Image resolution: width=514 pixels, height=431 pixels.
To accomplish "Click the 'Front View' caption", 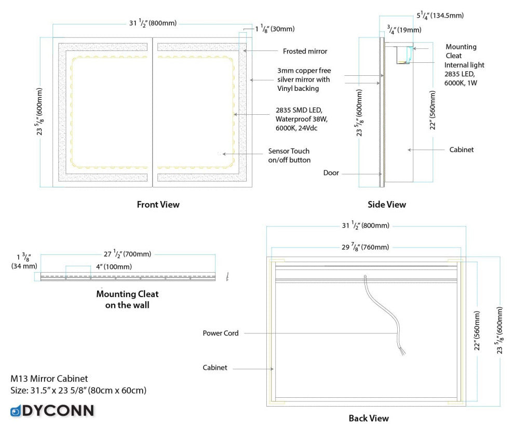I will [x=158, y=205].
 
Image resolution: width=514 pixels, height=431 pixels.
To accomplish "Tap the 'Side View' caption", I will [x=387, y=205].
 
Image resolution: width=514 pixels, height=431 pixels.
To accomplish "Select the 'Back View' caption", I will [x=369, y=418].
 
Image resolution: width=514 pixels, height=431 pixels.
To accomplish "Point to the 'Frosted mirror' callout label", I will [x=305, y=51].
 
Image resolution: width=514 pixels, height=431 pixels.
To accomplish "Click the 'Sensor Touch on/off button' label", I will [x=289, y=155].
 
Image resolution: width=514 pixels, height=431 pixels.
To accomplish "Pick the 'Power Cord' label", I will [x=221, y=333].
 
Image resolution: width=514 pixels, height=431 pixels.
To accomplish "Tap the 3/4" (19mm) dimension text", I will [x=403, y=30].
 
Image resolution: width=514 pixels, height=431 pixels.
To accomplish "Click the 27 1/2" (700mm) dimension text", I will [x=127, y=254].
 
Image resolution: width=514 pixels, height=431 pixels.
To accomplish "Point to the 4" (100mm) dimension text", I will [x=114, y=266].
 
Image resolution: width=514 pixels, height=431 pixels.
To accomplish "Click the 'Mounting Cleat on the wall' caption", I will [x=127, y=300].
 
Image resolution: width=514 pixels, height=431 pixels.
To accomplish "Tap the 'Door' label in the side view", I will [x=331, y=173].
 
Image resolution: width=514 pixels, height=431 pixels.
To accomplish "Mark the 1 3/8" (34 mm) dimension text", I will [x=24, y=261].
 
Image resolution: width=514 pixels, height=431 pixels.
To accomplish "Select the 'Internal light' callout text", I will [x=464, y=65].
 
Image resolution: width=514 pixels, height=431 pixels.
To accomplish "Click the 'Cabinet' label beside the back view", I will [x=215, y=368].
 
